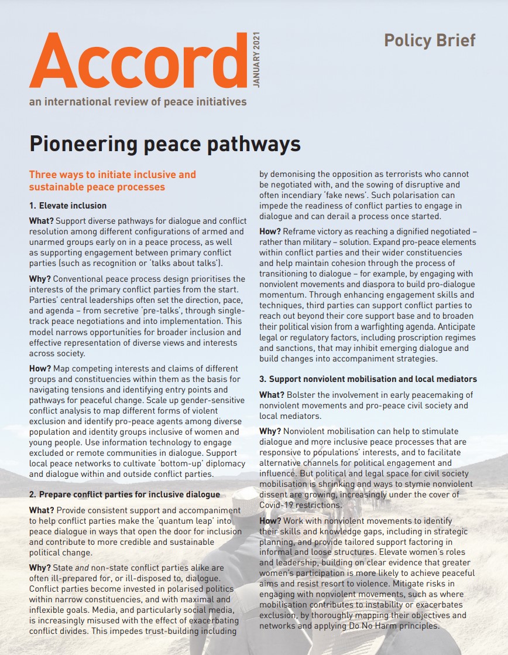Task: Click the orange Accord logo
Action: pos(138,63)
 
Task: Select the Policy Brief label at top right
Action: pos(430,40)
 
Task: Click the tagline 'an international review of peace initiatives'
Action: pos(138,102)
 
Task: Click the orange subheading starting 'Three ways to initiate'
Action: pos(112,180)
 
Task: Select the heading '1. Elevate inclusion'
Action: pos(68,206)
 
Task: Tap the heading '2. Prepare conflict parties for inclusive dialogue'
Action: pos(125,494)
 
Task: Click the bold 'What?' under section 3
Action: pos(273,395)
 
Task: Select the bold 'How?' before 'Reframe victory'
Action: pos(270,232)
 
